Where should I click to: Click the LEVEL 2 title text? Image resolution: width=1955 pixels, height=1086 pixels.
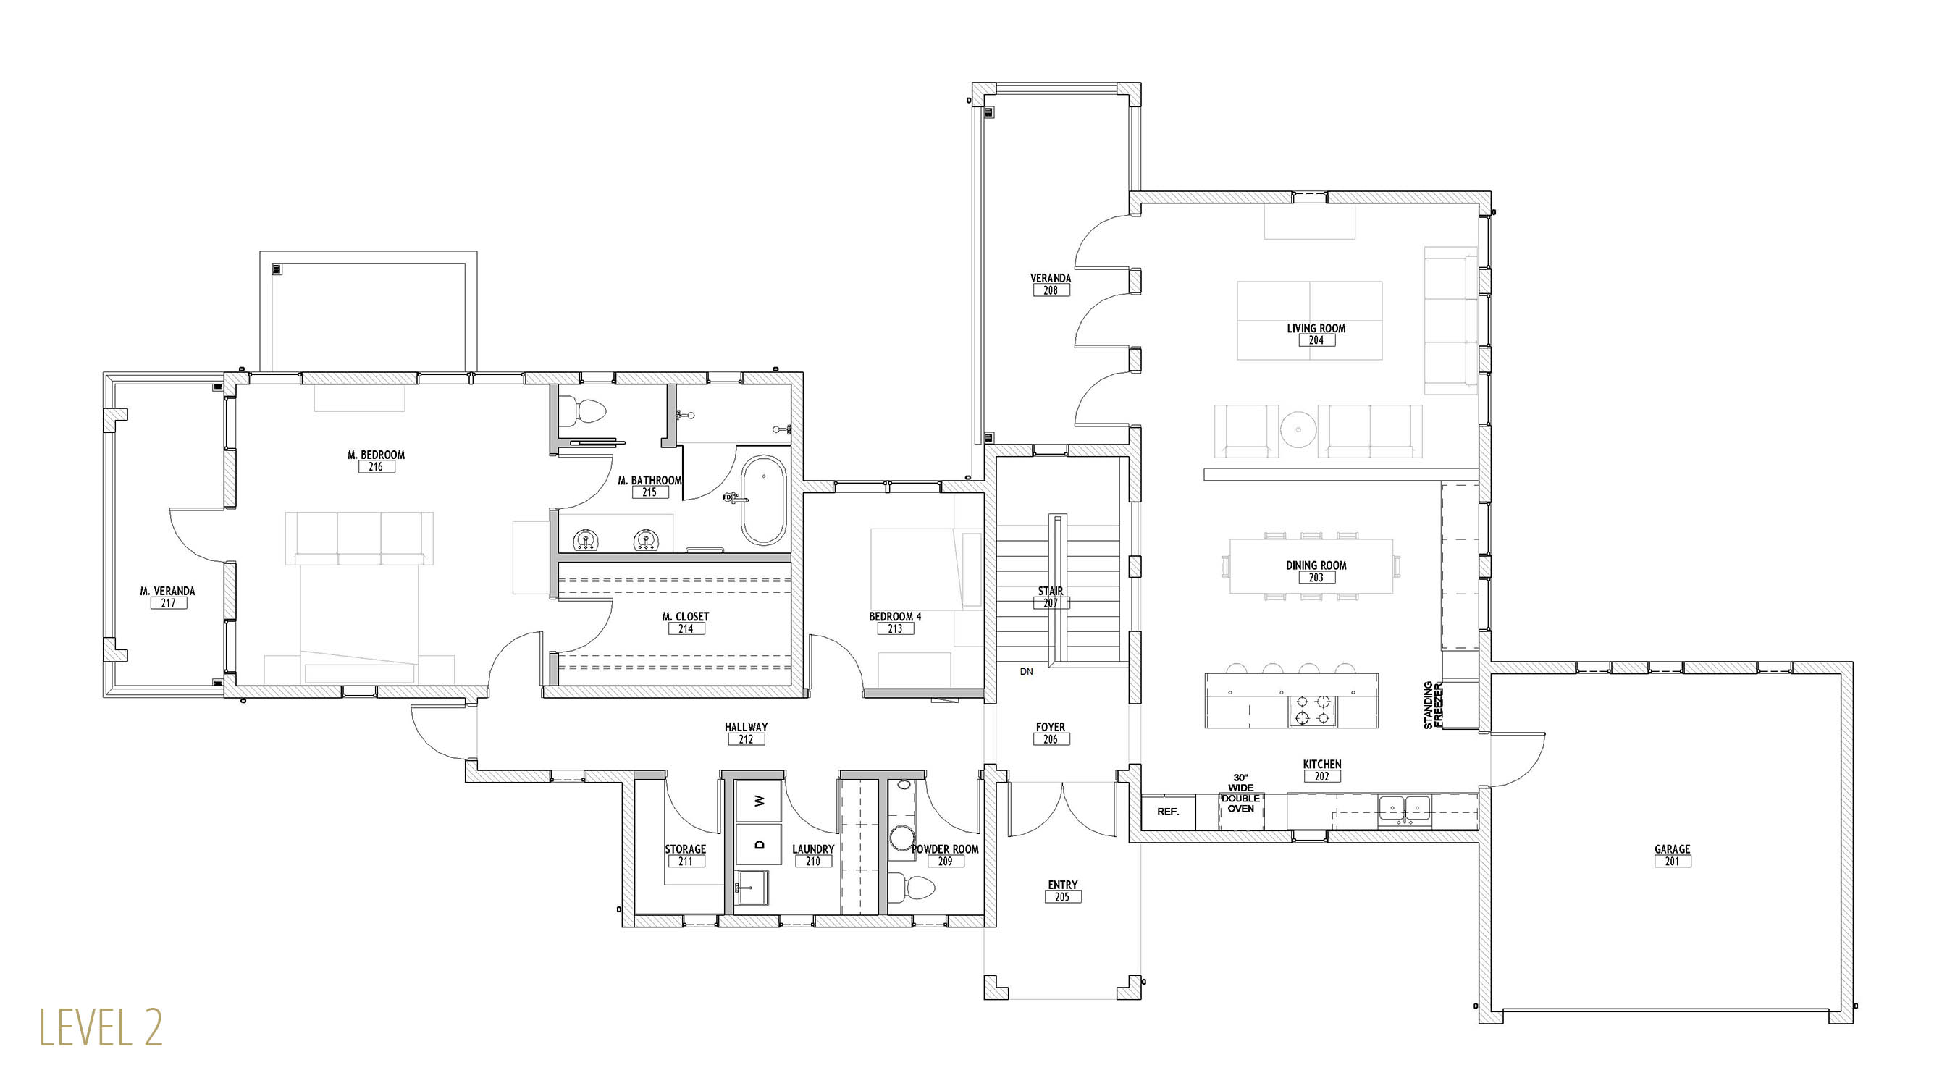coord(101,1027)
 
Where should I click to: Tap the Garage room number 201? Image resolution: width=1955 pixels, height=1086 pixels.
coord(1673,862)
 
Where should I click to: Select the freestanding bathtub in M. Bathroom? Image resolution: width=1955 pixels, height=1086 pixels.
coord(762,500)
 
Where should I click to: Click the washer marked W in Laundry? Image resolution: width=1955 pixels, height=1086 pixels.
coord(759,801)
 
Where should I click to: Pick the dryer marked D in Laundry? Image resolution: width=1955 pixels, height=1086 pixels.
coord(759,844)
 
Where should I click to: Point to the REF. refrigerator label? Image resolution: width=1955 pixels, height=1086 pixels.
coord(1168,812)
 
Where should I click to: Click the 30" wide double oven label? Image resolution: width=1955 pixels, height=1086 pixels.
coord(1241,793)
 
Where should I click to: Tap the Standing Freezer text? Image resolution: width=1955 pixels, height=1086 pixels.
coord(1433,704)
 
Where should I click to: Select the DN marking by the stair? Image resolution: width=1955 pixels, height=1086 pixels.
coord(1026,672)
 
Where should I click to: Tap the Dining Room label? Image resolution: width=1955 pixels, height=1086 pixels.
coord(1316,565)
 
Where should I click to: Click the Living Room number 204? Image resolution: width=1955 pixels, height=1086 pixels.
coord(1316,341)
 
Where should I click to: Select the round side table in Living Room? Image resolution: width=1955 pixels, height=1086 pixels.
coord(1298,429)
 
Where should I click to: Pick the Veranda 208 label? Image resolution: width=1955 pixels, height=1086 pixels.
coord(1051,284)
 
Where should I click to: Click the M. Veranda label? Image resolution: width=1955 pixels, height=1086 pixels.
coord(168,592)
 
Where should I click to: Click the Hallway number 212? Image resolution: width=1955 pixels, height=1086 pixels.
coord(746,739)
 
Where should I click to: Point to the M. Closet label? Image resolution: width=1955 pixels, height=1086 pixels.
coord(685,617)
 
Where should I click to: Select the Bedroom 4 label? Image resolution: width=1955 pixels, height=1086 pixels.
coord(896,617)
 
